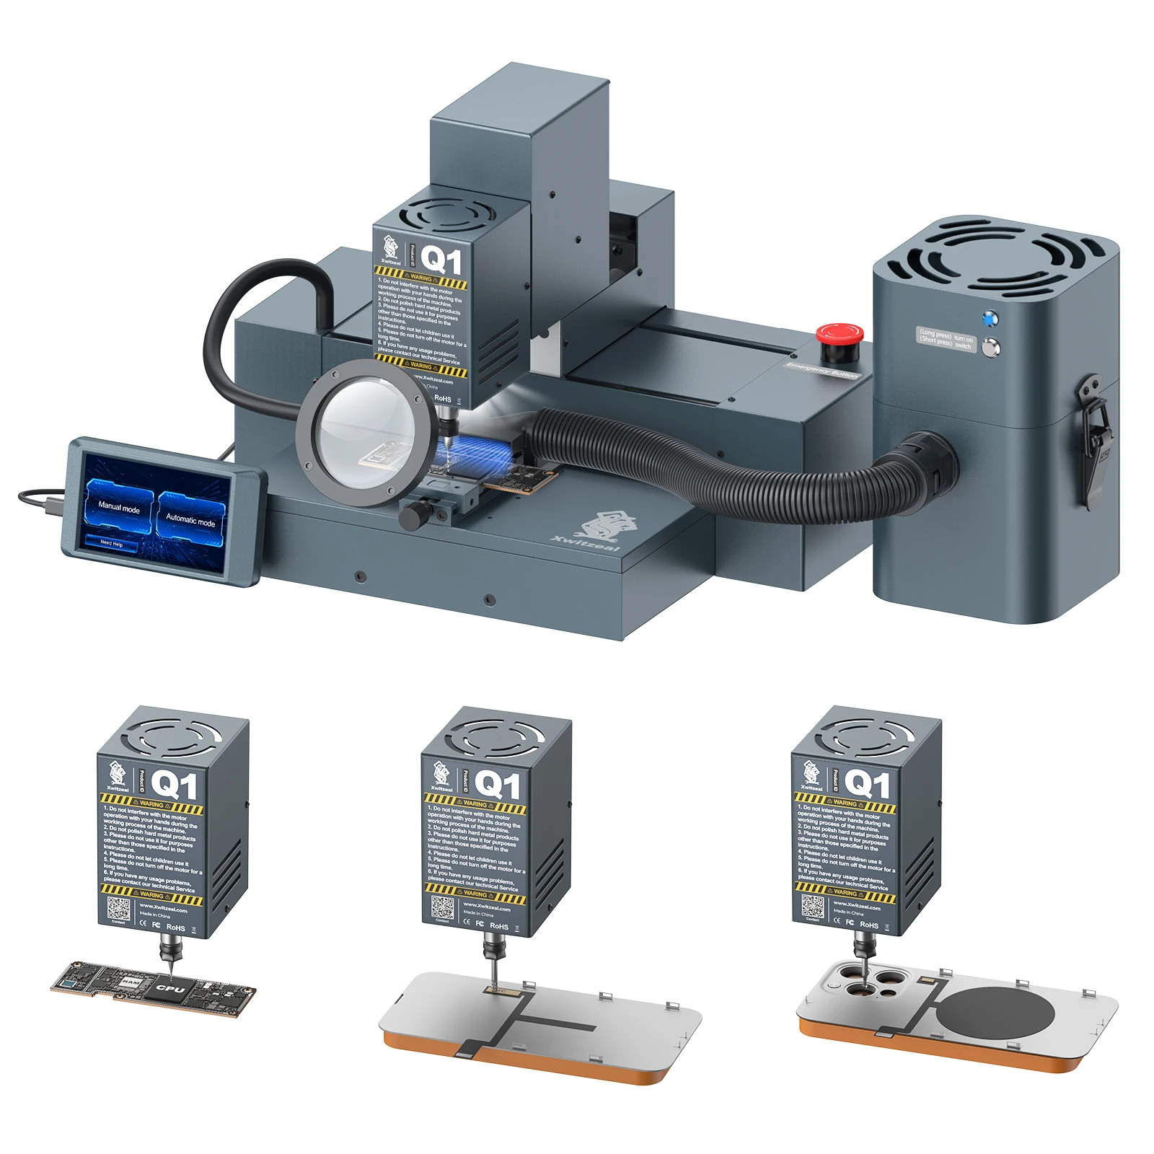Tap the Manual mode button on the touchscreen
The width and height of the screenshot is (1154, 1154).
pos(119,508)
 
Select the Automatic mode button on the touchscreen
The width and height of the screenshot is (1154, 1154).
pos(190,519)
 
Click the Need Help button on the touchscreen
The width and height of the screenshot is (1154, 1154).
pos(112,542)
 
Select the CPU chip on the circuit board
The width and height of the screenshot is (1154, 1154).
pos(171,989)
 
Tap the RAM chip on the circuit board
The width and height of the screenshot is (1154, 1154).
pos(130,982)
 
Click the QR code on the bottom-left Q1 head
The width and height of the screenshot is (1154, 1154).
pos(119,909)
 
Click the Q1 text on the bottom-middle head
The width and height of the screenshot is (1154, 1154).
pos(497,785)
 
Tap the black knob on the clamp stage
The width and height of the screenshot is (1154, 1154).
pos(414,515)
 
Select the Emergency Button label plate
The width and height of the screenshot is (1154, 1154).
pos(822,370)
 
